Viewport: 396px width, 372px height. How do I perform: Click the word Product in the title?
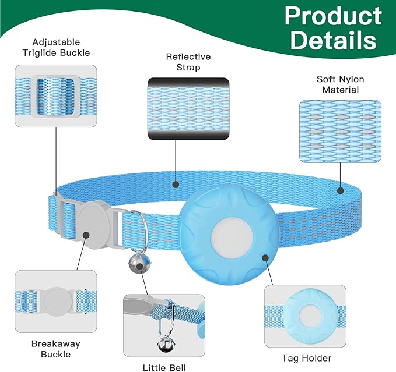click(x=333, y=16)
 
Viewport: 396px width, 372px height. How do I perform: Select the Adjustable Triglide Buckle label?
click(x=57, y=48)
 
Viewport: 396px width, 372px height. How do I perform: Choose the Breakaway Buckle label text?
click(x=55, y=348)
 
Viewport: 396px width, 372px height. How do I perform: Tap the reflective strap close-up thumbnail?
click(x=188, y=109)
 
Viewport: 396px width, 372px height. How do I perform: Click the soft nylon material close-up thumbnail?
click(x=340, y=131)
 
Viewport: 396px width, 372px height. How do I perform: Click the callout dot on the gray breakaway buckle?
click(x=85, y=236)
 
